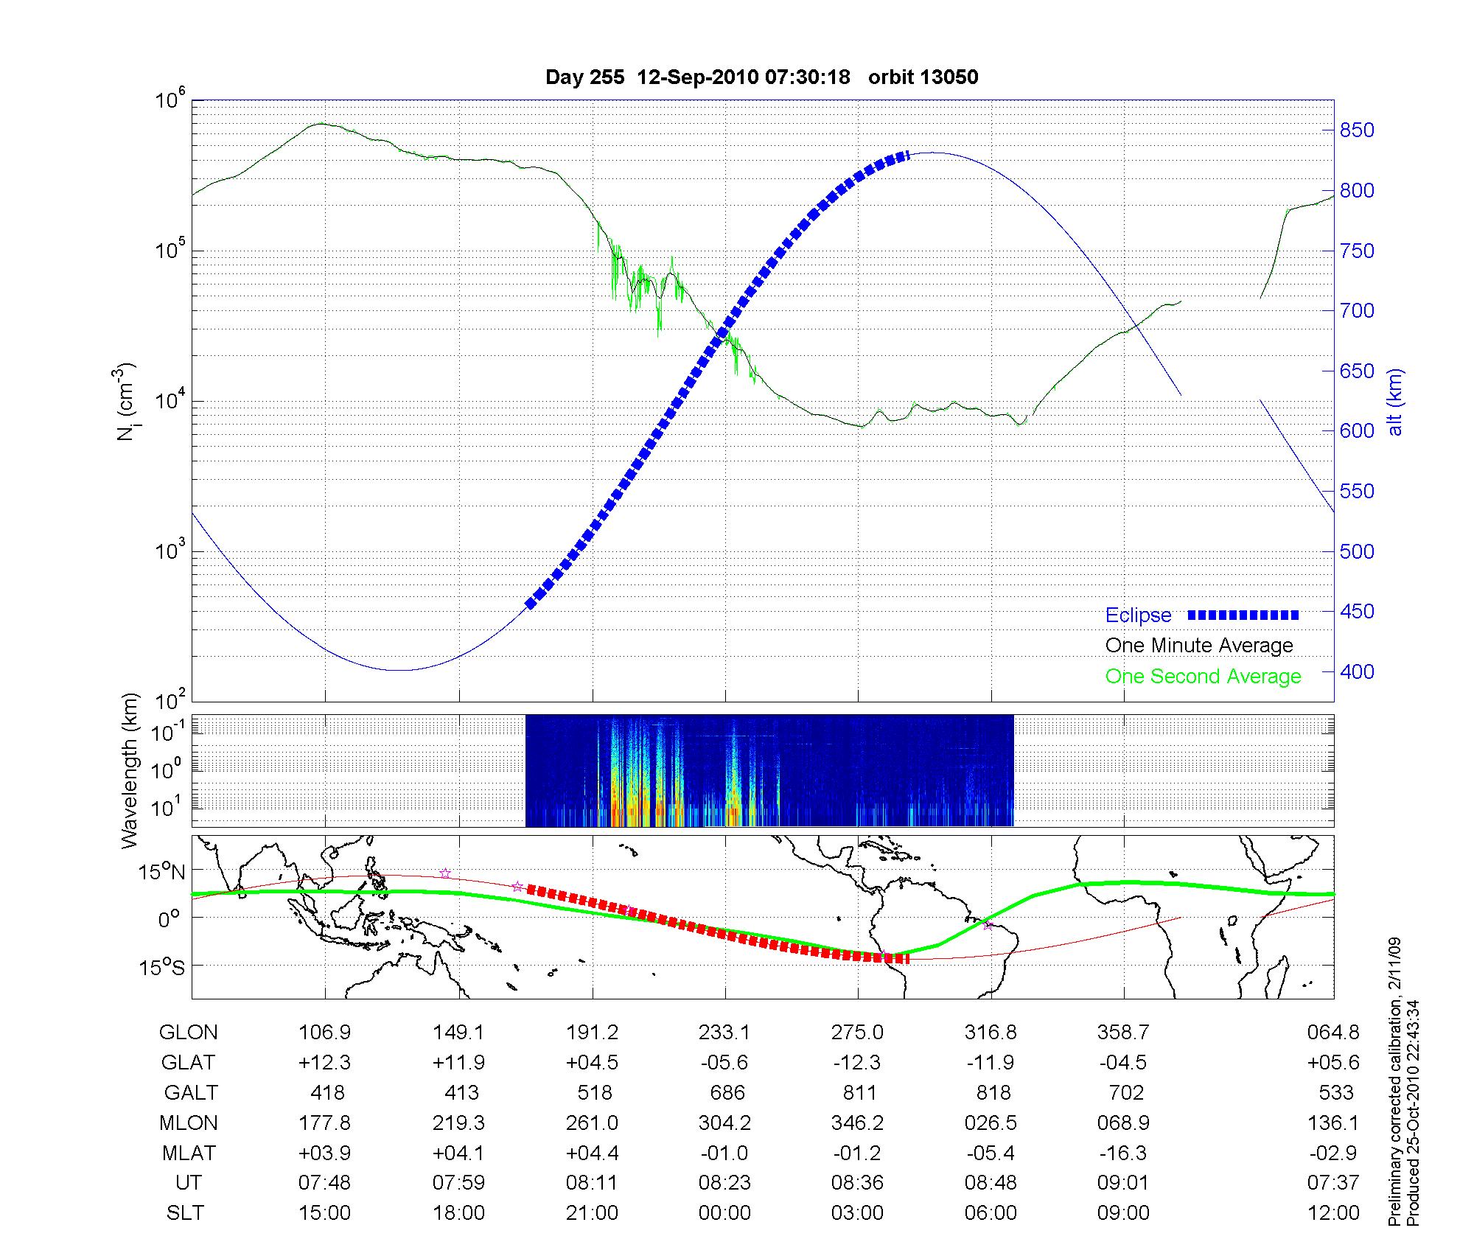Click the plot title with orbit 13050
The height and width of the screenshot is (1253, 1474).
click(761, 77)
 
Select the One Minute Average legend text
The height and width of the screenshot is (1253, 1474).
click(1199, 646)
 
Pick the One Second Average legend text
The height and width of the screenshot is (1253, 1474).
click(1203, 677)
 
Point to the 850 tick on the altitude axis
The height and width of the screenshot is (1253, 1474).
click(1357, 130)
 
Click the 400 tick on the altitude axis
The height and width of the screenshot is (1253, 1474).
click(1357, 672)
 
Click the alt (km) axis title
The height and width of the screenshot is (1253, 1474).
click(1395, 402)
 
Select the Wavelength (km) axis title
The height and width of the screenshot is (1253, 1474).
click(130, 771)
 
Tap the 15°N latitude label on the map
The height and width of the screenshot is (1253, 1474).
click(161, 873)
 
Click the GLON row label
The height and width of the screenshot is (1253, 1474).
click(188, 1033)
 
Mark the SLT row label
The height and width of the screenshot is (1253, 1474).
click(185, 1213)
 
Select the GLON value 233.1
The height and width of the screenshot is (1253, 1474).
click(725, 1033)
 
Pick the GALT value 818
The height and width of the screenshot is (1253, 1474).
click(991, 1092)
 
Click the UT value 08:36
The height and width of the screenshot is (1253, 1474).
click(857, 1183)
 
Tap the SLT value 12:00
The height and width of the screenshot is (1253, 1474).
click(1333, 1213)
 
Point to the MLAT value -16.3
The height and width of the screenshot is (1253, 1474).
click(1123, 1153)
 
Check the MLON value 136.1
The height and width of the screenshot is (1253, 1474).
click(1333, 1123)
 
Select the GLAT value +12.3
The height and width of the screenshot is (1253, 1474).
click(324, 1063)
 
